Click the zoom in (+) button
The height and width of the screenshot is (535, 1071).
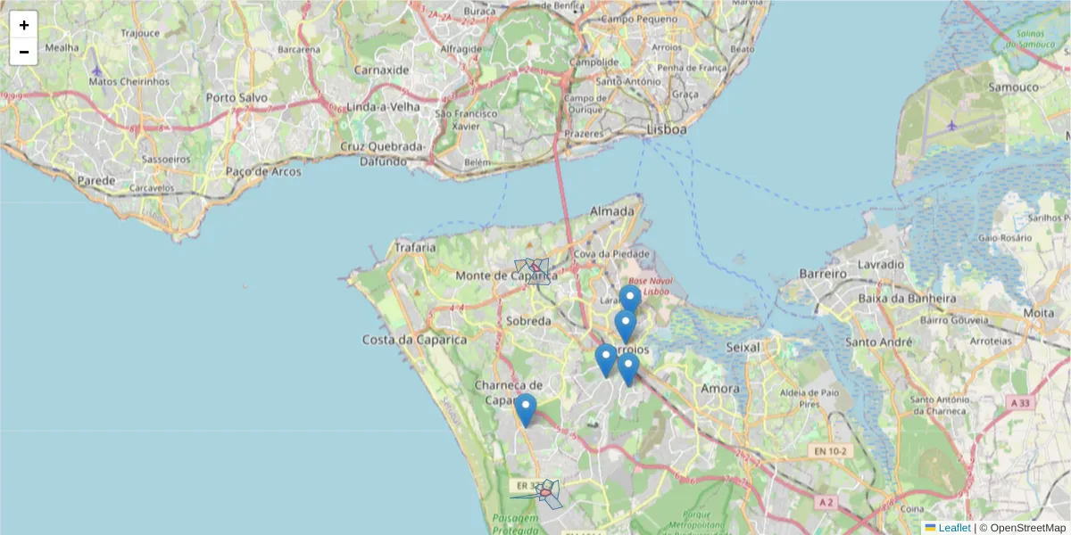pos(24,25)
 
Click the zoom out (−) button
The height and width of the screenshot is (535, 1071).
pos(24,52)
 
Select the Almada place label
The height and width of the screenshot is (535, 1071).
pos(612,211)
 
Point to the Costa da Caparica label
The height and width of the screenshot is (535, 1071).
pos(414,340)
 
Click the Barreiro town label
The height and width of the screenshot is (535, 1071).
pos(822,273)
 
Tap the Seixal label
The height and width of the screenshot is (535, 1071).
pos(743,347)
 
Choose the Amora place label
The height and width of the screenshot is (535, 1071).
pos(720,389)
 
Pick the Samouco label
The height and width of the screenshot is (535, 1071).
pos(1013,87)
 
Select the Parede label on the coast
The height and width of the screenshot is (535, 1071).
pos(96,180)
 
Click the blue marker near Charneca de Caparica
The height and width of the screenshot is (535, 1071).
pos(526,409)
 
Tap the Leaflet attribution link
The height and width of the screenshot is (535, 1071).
pos(954,528)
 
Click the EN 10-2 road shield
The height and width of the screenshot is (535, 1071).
pos(831,452)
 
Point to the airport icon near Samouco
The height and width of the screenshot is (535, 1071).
pos(952,125)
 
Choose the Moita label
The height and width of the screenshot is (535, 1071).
pos(1038,313)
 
